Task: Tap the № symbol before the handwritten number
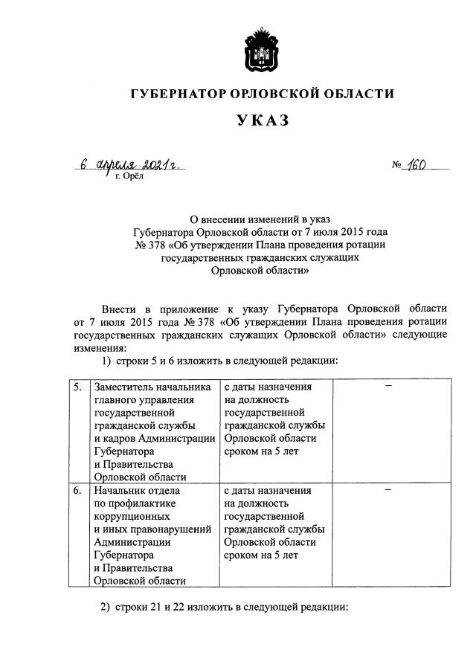(396, 165)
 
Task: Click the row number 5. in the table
(78, 387)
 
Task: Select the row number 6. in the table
(78, 491)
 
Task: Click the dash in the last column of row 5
(387, 387)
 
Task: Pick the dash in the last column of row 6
(387, 491)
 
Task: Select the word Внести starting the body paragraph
(118, 309)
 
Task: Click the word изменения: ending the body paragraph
(100, 347)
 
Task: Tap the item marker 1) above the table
(106, 361)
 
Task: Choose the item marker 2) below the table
(106, 608)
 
